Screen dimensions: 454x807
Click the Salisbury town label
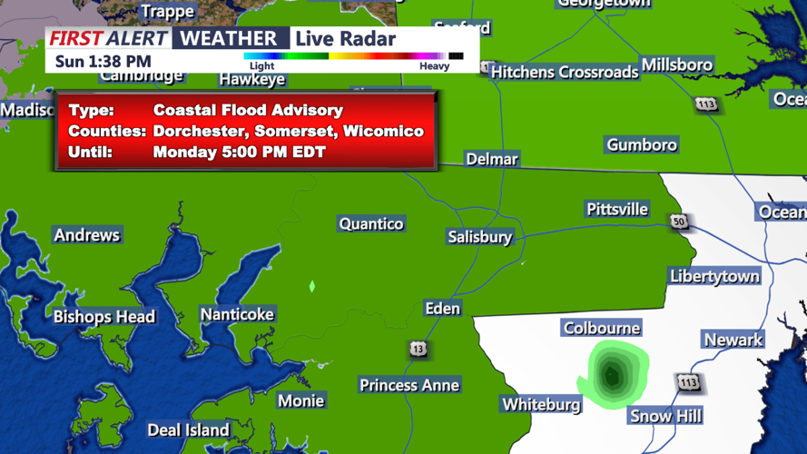(x=479, y=237)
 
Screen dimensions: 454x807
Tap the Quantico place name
(x=370, y=223)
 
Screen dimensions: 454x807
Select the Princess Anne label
(x=408, y=385)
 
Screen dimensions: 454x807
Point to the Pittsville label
(x=617, y=210)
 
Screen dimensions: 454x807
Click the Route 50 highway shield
(x=679, y=222)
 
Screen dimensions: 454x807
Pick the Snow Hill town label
(x=664, y=416)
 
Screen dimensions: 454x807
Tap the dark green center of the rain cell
(x=612, y=375)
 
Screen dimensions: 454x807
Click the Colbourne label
(x=601, y=328)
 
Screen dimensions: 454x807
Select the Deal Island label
(x=188, y=430)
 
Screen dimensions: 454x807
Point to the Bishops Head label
(x=103, y=317)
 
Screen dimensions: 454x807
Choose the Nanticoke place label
(x=237, y=314)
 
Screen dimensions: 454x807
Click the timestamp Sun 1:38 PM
(x=103, y=62)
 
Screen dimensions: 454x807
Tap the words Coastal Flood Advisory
(x=248, y=110)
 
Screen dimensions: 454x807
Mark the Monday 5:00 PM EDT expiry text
(x=239, y=152)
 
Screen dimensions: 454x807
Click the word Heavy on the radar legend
(x=434, y=66)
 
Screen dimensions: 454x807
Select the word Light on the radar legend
(x=261, y=66)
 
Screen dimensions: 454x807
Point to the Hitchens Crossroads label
(x=565, y=72)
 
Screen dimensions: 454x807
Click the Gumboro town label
(x=642, y=145)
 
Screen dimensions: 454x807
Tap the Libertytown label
(x=714, y=276)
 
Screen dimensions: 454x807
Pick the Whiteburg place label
(x=541, y=404)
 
